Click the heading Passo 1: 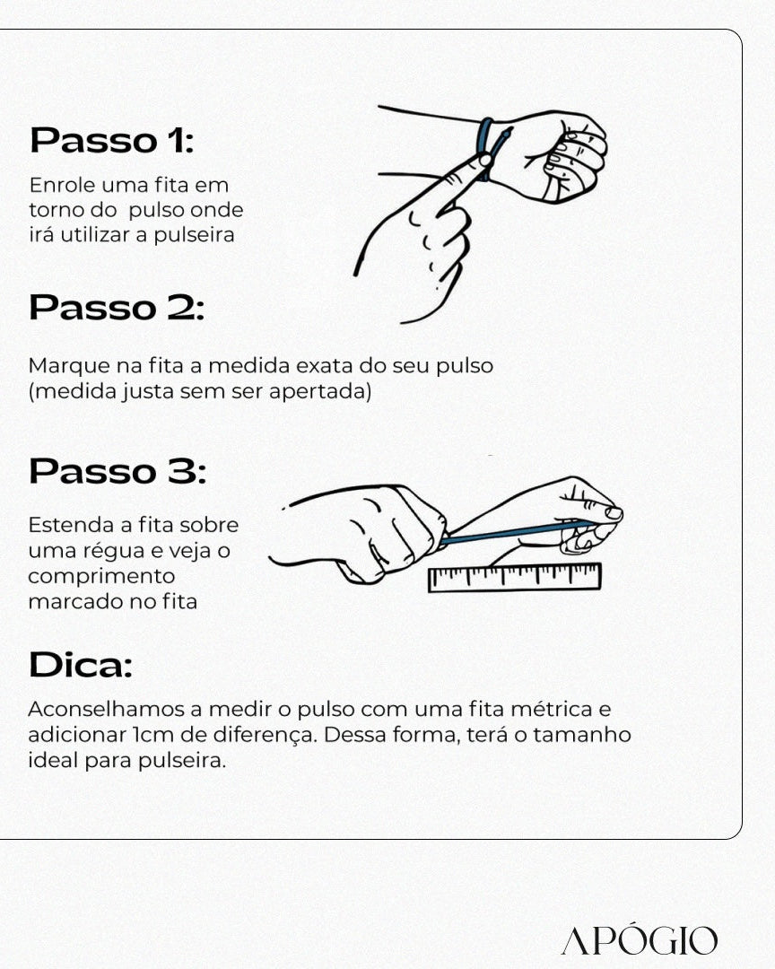(111, 141)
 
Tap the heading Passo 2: (117, 308)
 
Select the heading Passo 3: (117, 472)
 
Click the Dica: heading (80, 666)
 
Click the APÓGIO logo (639, 941)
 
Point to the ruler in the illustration (515, 577)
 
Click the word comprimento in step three (101, 576)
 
